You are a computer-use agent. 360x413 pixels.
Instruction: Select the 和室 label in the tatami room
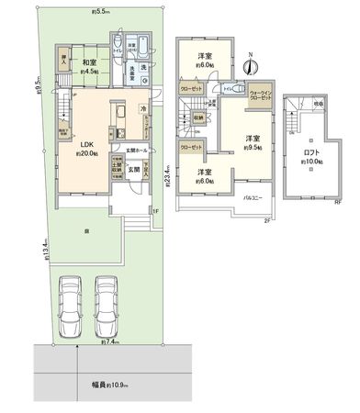click(x=88, y=62)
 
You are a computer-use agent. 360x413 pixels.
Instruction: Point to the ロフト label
click(x=312, y=153)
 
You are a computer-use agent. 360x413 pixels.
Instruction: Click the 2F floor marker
click(x=266, y=221)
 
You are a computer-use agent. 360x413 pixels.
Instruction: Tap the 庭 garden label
click(x=86, y=230)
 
